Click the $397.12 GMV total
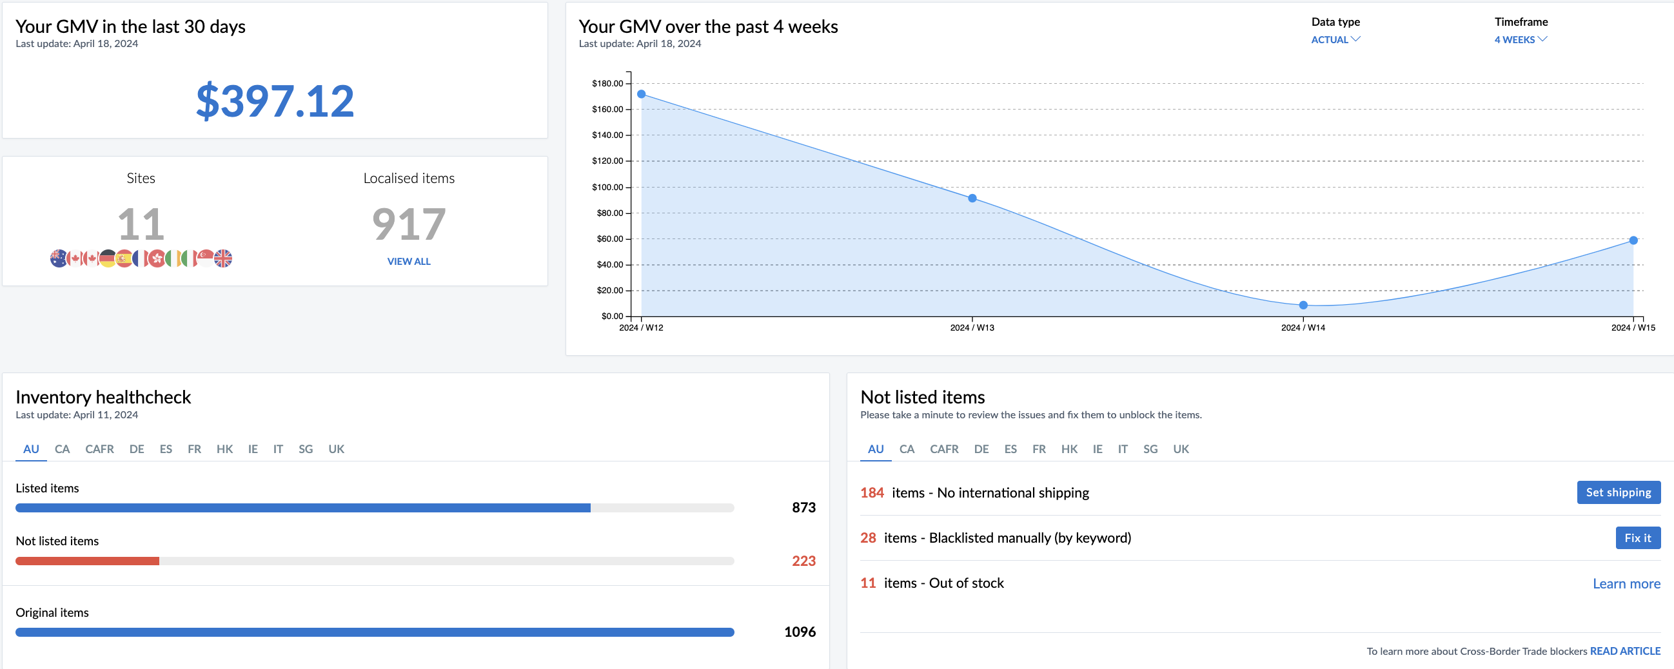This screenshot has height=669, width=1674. (275, 101)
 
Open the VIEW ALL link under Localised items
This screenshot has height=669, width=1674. (409, 261)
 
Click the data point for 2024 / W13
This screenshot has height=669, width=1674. (972, 198)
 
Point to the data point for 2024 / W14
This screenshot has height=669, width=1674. (1303, 305)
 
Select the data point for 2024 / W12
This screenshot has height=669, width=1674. (642, 94)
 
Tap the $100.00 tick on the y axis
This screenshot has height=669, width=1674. (607, 187)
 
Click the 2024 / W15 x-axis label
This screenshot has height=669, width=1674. (1633, 327)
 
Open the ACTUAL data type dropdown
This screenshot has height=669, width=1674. (1335, 39)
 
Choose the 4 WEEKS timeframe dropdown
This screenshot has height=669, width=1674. (1520, 39)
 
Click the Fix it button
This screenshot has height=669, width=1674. (1638, 538)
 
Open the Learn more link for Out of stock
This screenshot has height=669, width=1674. (1626, 583)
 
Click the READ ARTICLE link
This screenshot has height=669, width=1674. (1624, 651)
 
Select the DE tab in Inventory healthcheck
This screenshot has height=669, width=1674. (137, 449)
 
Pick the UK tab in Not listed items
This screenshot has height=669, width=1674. (1181, 449)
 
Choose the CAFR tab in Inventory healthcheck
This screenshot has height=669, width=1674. (99, 449)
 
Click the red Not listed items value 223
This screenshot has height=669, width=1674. (803, 561)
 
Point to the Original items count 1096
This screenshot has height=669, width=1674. (800, 632)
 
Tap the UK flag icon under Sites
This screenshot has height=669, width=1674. (223, 258)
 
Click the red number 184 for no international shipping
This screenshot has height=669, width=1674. (871, 492)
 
